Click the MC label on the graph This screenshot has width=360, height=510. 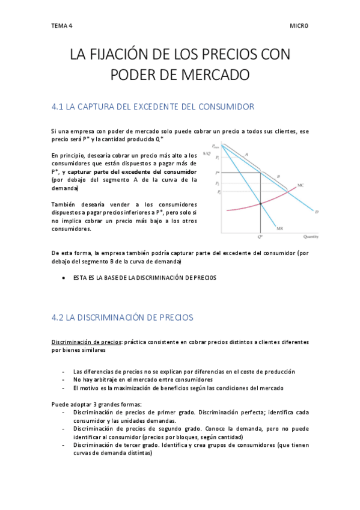(300, 185)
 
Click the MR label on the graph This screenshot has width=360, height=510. (279, 229)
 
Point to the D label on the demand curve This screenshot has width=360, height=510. (316, 212)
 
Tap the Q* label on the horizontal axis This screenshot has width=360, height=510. (260, 237)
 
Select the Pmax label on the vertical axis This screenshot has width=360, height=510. (215, 146)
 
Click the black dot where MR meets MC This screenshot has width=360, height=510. (260, 204)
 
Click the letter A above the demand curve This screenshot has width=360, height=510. (246, 155)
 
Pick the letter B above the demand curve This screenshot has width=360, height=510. (278, 176)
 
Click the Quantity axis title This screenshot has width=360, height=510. (311, 237)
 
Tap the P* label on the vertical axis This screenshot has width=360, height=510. (216, 173)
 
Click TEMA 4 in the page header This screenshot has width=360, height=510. (61, 26)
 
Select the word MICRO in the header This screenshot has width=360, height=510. (299, 26)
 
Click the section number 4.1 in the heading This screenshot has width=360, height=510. (58, 107)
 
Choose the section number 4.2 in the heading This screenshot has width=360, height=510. (58, 316)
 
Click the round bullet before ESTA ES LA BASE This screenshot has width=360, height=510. (64, 278)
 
